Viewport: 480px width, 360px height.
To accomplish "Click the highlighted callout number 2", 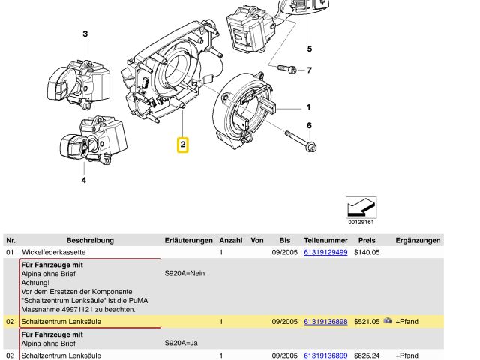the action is point(183,145).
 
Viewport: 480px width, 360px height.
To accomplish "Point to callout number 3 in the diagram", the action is point(85,34).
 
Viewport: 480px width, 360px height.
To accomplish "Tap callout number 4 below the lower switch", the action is point(83,180).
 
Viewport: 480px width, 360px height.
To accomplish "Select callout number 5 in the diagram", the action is point(310,49).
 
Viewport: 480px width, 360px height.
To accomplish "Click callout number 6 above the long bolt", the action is point(309,125).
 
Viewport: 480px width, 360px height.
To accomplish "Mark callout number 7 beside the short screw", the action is point(309,70).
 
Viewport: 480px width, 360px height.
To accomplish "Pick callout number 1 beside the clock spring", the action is point(308,107).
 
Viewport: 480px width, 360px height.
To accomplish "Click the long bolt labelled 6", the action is point(301,141).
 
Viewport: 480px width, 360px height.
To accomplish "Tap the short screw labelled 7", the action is point(286,69).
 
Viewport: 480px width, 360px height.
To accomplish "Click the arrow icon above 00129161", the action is point(361,208).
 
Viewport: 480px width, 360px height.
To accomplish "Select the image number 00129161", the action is point(361,222).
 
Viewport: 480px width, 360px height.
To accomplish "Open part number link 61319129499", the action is point(325,252).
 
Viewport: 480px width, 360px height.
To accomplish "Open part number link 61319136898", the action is point(325,322).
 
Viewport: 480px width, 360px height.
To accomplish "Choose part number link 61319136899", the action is point(325,355).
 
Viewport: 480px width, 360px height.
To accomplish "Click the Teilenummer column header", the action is point(325,240).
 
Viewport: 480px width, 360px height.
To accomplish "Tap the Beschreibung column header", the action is point(90,240).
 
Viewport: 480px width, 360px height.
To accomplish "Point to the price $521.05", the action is point(367,322).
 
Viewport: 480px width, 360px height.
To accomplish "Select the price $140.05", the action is point(367,252).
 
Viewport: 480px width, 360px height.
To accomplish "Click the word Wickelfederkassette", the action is point(54,252).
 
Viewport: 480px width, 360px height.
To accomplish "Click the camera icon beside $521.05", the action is point(388,320).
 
